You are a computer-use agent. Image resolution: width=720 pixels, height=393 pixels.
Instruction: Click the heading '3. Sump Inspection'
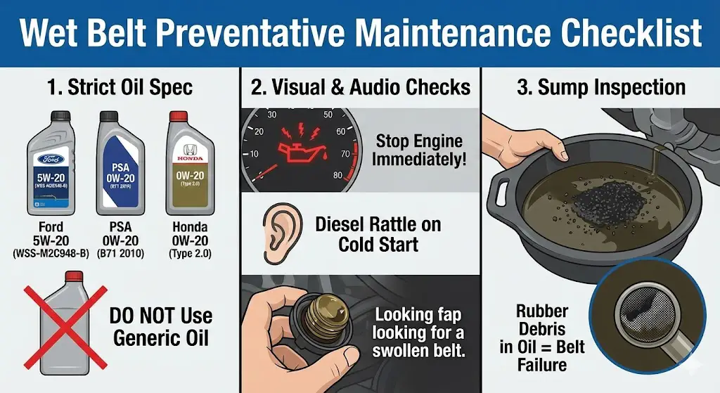(601, 87)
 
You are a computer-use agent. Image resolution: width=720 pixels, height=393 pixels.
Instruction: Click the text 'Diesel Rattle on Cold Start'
(378, 235)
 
